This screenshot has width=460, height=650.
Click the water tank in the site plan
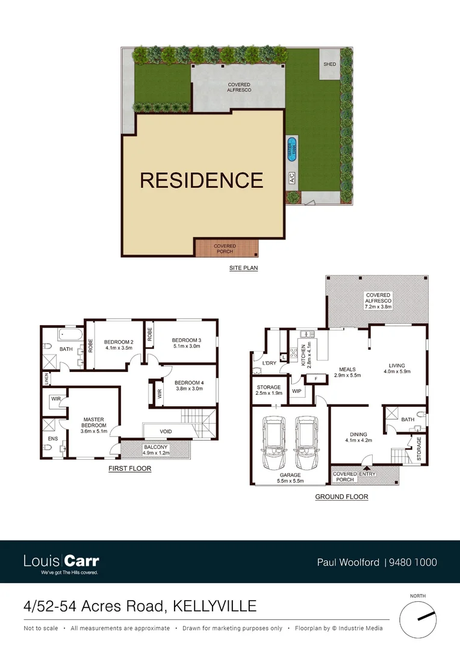coord(292,148)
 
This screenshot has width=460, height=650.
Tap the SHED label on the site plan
coord(329,64)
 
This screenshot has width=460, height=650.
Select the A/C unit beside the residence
coord(292,178)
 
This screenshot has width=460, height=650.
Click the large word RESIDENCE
coord(202,181)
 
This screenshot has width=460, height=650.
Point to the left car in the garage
coord(275,438)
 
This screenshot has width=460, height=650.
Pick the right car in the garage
coord(306,438)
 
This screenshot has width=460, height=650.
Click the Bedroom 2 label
coord(119,342)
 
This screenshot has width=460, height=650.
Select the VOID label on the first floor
coord(166,432)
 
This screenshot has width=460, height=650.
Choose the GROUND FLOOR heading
coord(341,497)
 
